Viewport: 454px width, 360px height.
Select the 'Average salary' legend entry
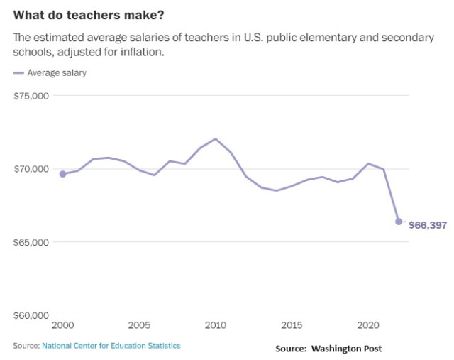(x=57, y=72)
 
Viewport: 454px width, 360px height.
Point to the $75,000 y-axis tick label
(x=31, y=96)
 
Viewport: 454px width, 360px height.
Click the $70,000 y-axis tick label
(x=31, y=169)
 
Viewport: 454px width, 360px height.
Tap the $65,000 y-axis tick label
(x=31, y=242)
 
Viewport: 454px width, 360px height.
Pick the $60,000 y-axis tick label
(x=31, y=315)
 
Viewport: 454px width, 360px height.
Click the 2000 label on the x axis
(x=62, y=325)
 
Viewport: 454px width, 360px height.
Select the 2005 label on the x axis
(x=139, y=325)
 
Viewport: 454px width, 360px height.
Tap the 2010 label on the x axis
(x=216, y=325)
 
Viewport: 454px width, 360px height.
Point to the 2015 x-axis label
(x=292, y=325)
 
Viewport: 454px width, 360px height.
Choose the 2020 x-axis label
(x=368, y=325)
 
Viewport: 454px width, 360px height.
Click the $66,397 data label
(x=428, y=224)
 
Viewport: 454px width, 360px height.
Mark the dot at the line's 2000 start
(x=62, y=174)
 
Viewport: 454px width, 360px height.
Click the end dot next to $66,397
(x=399, y=222)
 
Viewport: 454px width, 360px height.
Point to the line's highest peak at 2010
(x=216, y=139)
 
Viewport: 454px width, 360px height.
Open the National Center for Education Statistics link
(x=111, y=346)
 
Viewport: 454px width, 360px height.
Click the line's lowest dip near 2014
(x=277, y=190)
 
